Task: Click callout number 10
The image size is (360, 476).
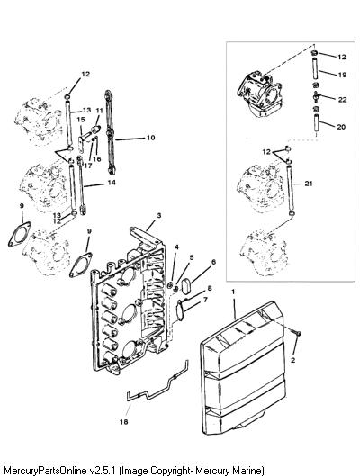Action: (151, 138)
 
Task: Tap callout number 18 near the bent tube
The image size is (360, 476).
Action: (124, 422)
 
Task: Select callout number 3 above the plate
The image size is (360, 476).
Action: (158, 216)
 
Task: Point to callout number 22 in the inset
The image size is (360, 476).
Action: (342, 100)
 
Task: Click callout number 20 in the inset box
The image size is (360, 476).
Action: (341, 127)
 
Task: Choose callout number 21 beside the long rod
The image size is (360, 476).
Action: (309, 184)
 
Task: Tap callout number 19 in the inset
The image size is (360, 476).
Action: (342, 75)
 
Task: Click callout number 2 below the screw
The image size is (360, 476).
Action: (292, 360)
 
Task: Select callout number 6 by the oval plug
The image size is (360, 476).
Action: (213, 262)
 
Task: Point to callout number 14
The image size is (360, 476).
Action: (112, 183)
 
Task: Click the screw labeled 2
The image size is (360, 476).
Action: (297, 333)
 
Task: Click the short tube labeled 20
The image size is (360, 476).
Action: (317, 122)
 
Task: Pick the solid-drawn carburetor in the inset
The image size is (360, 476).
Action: (260, 94)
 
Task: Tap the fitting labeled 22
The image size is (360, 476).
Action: (316, 97)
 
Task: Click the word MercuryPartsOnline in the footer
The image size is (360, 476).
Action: (45, 470)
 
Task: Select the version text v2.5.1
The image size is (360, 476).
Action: (103, 470)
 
